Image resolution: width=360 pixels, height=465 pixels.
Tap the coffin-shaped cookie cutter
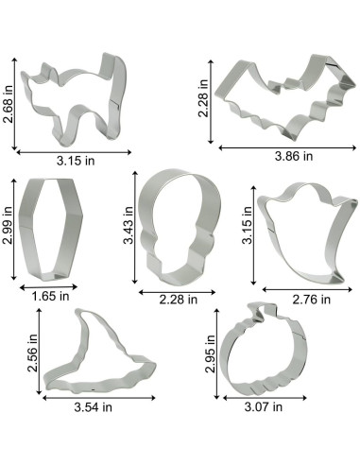pyautogui.click(x=28, y=227)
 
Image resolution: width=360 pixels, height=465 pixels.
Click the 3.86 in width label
pyautogui.click(x=294, y=156)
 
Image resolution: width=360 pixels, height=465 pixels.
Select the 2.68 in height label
pyautogui.click(x=9, y=104)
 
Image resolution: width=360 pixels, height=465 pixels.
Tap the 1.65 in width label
pyautogui.click(x=50, y=296)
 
